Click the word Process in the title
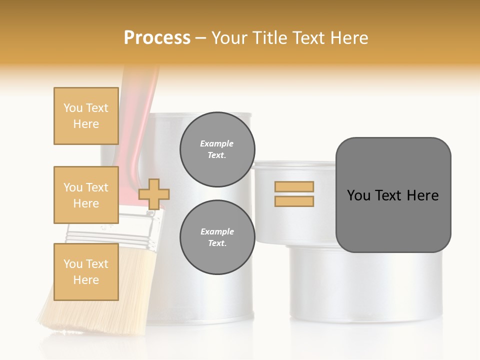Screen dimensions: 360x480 point(157,38)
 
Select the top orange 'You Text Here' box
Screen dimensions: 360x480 point(86,116)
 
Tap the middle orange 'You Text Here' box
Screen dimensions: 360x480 point(86,195)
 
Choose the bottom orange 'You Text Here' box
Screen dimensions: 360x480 point(86,272)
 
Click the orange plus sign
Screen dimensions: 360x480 point(154,194)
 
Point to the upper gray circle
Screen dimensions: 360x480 point(217,149)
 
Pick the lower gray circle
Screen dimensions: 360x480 point(217,237)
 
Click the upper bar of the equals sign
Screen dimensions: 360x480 point(294,186)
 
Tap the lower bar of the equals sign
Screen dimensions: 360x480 point(294,201)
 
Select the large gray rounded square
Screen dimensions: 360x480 point(393,195)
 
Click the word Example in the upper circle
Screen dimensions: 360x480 point(217,143)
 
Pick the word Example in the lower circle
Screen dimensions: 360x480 point(217,231)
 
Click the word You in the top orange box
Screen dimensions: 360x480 point(72,108)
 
